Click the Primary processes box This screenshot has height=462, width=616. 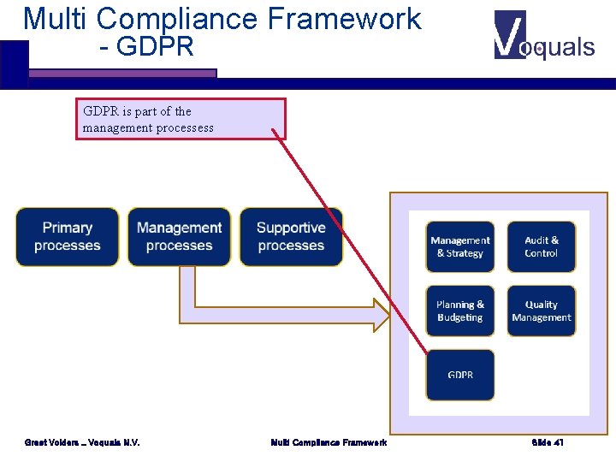tap(68, 237)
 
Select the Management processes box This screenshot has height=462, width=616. tap(179, 237)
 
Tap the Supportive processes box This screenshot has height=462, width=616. tap(291, 237)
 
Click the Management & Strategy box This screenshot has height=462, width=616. tap(460, 247)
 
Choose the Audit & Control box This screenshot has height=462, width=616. tap(541, 247)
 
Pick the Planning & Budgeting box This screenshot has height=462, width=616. tap(460, 311)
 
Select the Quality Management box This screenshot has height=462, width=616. tap(541, 311)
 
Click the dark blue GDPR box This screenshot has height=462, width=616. tap(460, 375)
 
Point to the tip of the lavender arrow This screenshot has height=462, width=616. tap(387, 315)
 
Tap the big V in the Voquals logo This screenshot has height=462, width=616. tap(510, 35)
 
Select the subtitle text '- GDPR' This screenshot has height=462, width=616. tap(146, 47)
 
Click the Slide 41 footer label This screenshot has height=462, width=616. tap(548, 442)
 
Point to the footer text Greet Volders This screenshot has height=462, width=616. tap(82, 442)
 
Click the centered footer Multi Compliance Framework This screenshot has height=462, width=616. tap(329, 442)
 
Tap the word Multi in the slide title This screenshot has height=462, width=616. tap(56, 18)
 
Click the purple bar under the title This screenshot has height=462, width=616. tap(122, 74)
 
